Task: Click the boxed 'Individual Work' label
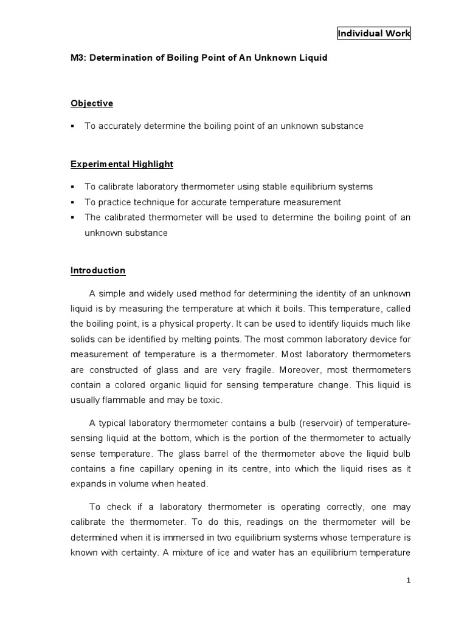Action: (x=374, y=34)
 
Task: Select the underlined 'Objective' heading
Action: (x=92, y=103)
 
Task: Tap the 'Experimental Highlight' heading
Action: (x=122, y=164)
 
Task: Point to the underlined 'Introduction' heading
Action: (x=98, y=270)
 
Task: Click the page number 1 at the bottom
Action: (x=409, y=581)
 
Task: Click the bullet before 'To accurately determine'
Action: (x=72, y=126)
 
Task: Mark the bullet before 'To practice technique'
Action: (x=72, y=202)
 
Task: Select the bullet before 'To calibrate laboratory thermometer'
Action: (x=72, y=186)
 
